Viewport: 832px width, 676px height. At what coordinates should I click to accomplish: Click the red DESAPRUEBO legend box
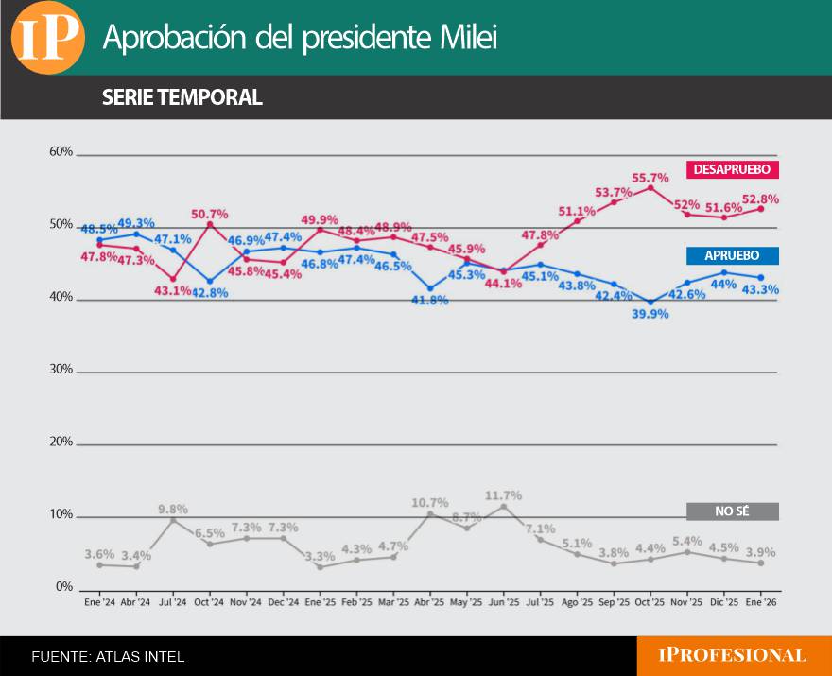pyautogui.click(x=733, y=170)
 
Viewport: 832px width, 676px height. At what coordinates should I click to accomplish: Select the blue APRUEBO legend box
pyautogui.click(x=733, y=255)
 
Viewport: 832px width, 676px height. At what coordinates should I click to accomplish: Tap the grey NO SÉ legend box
pyautogui.click(x=733, y=511)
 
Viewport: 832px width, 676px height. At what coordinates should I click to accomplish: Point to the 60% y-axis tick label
pyautogui.click(x=61, y=151)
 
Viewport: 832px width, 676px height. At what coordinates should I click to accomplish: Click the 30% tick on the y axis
pyautogui.click(x=61, y=370)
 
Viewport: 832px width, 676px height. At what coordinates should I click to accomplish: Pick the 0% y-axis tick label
pyautogui.click(x=63, y=587)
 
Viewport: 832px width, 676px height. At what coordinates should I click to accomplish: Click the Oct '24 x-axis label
pyautogui.click(x=209, y=601)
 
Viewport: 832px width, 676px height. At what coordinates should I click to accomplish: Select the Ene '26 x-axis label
pyautogui.click(x=761, y=601)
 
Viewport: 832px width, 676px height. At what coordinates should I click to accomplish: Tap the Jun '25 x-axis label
pyautogui.click(x=503, y=601)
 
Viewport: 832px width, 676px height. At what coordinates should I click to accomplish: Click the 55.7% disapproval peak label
pyautogui.click(x=650, y=176)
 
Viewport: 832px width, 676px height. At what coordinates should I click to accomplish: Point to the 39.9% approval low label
pyautogui.click(x=650, y=313)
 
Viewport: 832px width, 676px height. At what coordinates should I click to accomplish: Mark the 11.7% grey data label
pyautogui.click(x=503, y=494)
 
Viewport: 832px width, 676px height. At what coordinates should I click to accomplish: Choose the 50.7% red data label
pyautogui.click(x=209, y=214)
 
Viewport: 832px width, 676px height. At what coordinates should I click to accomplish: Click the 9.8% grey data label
pyautogui.click(x=173, y=509)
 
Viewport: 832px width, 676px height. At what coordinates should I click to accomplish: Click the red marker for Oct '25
pyautogui.click(x=650, y=187)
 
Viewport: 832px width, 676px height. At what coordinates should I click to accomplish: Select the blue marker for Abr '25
pyautogui.click(x=430, y=288)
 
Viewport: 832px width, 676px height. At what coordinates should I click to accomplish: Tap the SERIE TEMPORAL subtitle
pyautogui.click(x=182, y=97)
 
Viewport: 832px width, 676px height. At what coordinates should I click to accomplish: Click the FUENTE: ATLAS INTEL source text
pyautogui.click(x=108, y=656)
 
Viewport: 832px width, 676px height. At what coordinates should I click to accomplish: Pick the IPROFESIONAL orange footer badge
pyautogui.click(x=733, y=655)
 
